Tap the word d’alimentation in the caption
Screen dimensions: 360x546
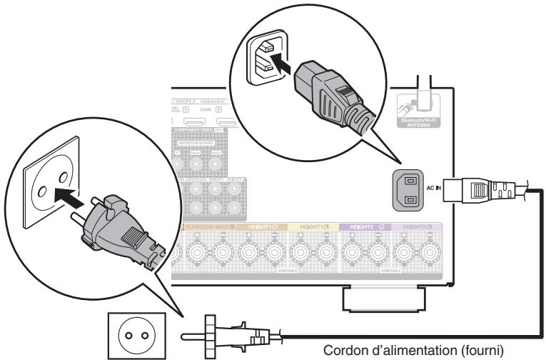(405, 350)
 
